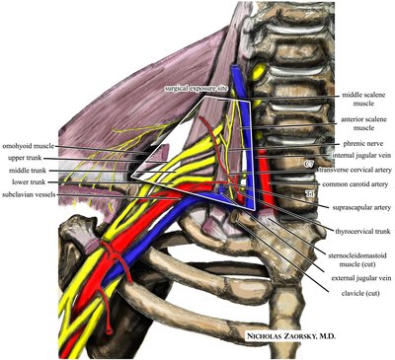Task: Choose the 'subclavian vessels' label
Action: click(x=35, y=194)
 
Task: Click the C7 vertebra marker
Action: click(x=308, y=162)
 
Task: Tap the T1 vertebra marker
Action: click(x=309, y=193)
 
